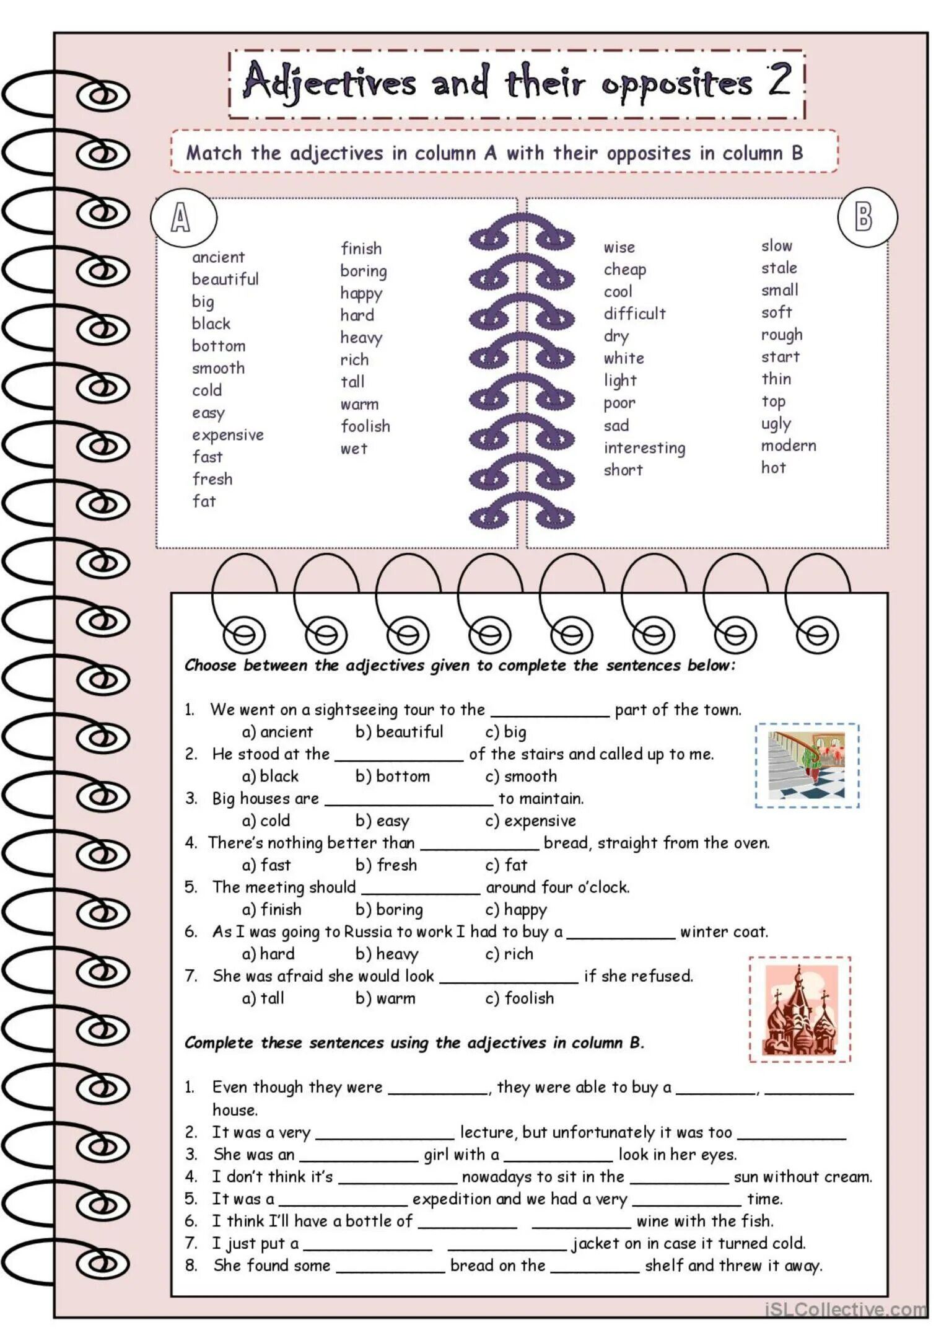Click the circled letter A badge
tap(183, 218)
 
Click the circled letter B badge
tap(867, 217)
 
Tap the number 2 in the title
tap(779, 81)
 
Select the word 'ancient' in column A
tap(218, 257)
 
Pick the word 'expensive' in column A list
tap(227, 435)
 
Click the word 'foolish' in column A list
tap(365, 426)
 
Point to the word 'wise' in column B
tap(619, 248)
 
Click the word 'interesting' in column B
tap(644, 448)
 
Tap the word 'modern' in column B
tap(788, 446)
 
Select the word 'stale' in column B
tap(779, 268)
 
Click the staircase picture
tap(807, 765)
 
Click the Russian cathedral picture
tap(800, 1010)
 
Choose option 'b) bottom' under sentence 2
tap(392, 777)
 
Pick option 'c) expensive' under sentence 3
tap(530, 821)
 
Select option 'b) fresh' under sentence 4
tap(386, 865)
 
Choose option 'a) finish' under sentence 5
tap(271, 910)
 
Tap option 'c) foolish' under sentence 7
tap(519, 998)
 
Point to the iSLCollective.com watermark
tap(846, 1310)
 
